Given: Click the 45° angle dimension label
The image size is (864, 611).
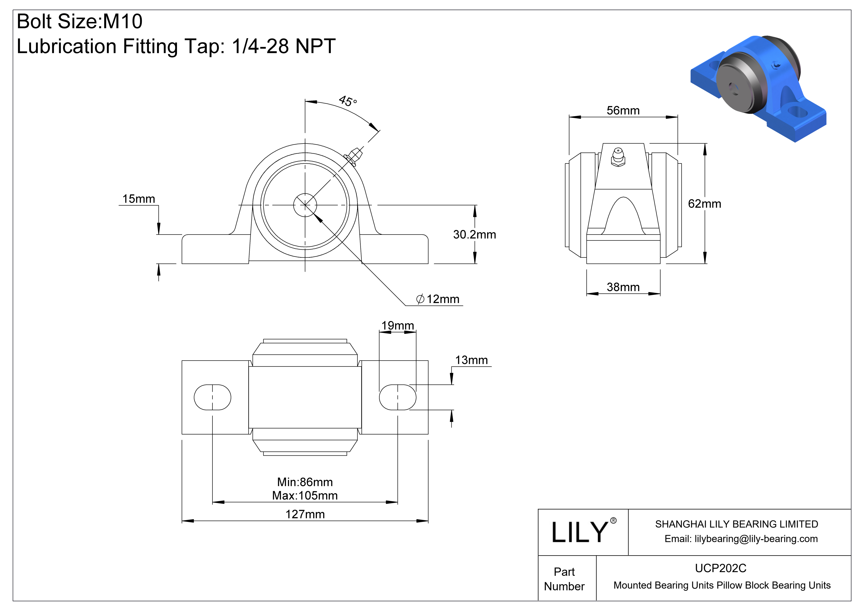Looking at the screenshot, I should (x=348, y=101).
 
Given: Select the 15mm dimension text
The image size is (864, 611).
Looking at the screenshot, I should (x=139, y=199).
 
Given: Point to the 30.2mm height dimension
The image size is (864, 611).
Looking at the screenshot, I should (x=474, y=234).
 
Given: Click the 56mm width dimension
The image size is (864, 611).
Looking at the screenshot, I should (x=623, y=111).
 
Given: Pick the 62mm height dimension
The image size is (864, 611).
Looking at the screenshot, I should (x=704, y=204).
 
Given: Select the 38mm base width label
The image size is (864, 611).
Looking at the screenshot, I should (x=623, y=287).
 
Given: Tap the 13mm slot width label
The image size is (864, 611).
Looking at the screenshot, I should (x=471, y=360).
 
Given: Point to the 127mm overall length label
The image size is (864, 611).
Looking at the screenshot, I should (x=305, y=514).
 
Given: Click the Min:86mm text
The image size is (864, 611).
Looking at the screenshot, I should (x=305, y=482).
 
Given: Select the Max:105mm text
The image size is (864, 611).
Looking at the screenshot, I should (x=305, y=496).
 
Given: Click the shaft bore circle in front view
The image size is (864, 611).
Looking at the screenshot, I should (x=305, y=205).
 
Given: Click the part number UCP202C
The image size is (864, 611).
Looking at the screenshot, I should (x=720, y=568).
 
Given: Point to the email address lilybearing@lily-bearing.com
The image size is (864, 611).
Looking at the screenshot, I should (x=756, y=539).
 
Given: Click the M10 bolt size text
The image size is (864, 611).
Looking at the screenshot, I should (x=123, y=21).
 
